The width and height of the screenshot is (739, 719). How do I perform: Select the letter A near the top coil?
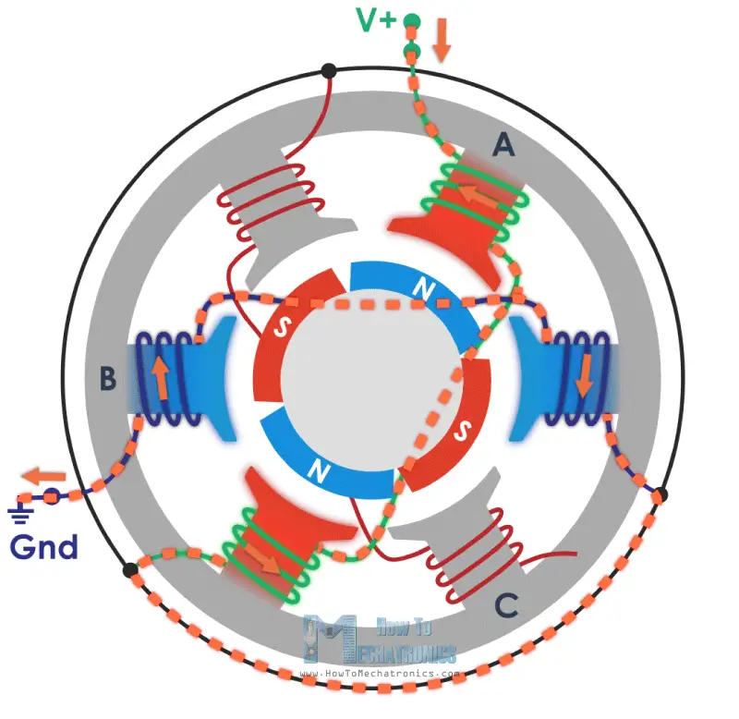tap(503, 144)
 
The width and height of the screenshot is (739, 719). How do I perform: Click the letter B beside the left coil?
tap(108, 377)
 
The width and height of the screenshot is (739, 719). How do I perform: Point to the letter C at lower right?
tap(505, 605)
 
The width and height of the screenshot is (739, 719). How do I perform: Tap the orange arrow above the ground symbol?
tap(43, 477)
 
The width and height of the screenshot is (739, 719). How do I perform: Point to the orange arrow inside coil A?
tap(477, 195)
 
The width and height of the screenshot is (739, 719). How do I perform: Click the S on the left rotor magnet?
tap(278, 328)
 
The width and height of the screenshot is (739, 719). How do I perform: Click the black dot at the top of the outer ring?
tap(328, 71)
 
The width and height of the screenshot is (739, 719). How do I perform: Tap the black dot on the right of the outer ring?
tap(660, 495)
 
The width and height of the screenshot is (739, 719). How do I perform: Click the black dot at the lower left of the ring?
tap(130, 570)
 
